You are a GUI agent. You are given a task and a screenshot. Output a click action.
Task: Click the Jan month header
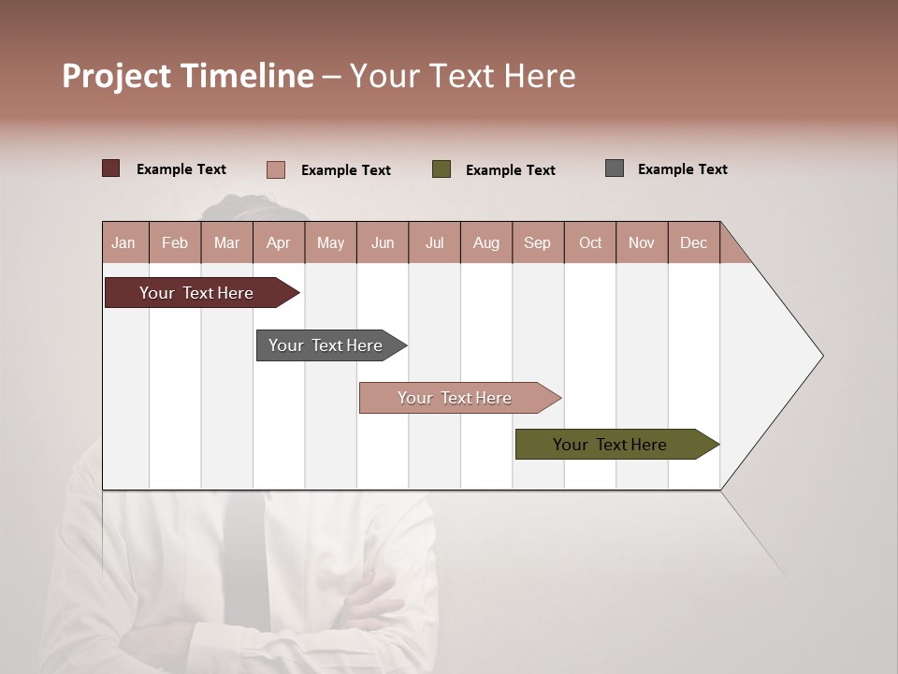pos(124,243)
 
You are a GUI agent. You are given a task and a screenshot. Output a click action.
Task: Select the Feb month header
pos(175,243)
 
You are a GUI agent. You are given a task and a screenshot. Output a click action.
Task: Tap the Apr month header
pos(279,243)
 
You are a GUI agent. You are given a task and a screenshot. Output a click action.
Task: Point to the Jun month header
pos(383,243)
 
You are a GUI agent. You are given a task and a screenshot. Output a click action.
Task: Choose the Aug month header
pos(486,243)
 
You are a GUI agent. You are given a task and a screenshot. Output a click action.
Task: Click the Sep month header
pos(538,243)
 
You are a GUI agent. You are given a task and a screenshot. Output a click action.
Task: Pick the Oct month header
pos(590,243)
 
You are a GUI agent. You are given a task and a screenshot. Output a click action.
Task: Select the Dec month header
pos(694,243)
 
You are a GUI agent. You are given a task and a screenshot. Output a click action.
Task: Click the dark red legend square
pos(111,168)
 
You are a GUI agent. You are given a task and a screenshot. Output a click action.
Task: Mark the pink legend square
pos(276,169)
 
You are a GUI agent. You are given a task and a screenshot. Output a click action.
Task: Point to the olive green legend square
pos(442,169)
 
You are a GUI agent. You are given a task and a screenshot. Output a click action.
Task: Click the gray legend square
pos(615,168)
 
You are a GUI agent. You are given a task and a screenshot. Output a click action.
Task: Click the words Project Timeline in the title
pos(188,76)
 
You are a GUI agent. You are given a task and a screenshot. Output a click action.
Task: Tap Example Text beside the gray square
pos(682,169)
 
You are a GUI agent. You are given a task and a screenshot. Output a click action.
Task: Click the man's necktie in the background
pos(246,562)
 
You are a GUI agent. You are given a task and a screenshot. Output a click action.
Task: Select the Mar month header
pos(226,243)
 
